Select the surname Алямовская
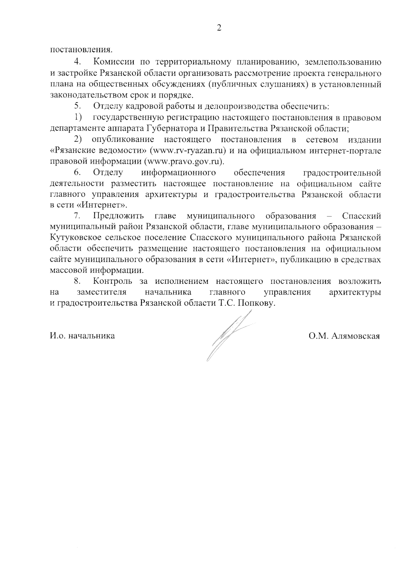pyautogui.click(x=356, y=336)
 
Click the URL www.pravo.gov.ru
pyautogui.click(x=184, y=161)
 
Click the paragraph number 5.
pyautogui.click(x=77, y=107)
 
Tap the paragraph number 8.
pyautogui.click(x=77, y=281)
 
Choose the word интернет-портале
pyautogui.click(x=344, y=150)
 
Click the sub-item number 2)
pyautogui.click(x=78, y=139)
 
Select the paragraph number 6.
pyautogui.click(x=77, y=173)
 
